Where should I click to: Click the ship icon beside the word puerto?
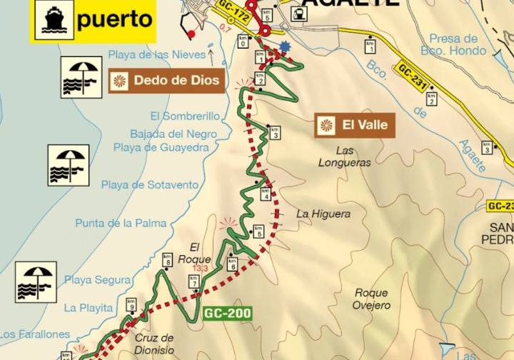coord(53,19)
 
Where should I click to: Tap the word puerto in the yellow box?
coord(114,19)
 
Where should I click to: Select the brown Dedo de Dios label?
coord(167,81)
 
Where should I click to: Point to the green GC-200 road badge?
coord(222,313)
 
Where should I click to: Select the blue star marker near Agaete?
coord(286,47)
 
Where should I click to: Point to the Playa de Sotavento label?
coord(149,185)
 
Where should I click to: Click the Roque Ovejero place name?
coord(371,299)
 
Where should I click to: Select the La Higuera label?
coord(323,214)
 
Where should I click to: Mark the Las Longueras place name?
coord(345,156)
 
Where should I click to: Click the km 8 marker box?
coord(167,259)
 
